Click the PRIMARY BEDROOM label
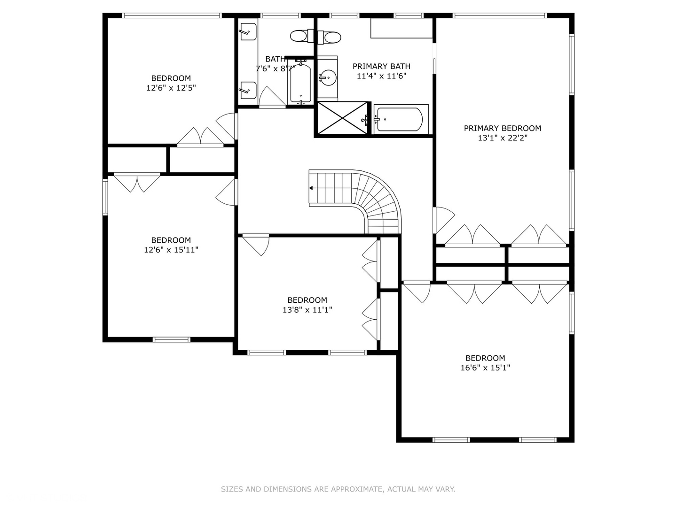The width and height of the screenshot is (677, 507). coord(502,128)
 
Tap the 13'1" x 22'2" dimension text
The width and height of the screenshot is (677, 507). coord(503,138)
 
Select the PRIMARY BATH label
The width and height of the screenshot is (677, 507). coord(381,66)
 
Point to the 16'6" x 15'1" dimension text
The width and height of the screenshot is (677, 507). coord(485,368)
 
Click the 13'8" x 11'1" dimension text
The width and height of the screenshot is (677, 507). coord(307,310)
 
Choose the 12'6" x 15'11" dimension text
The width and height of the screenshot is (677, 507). coord(171,250)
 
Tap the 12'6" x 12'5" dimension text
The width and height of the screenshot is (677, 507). coord(171,88)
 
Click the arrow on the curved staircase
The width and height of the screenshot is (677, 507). coord(311,188)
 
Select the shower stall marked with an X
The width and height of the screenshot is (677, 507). coord(342,118)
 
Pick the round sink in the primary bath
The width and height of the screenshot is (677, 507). coord(328,77)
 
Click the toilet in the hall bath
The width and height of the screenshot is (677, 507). coord(302,36)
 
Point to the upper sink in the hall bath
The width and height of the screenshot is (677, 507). coord(248,31)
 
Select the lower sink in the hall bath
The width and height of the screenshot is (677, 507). coord(248,90)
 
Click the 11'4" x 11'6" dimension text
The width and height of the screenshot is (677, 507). coord(382,76)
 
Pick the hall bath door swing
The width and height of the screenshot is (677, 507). coord(272,97)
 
